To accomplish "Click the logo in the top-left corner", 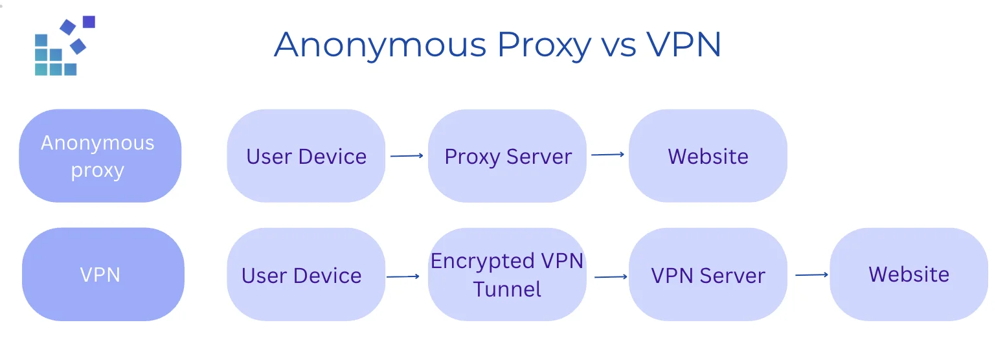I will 64,46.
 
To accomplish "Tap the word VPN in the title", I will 684,45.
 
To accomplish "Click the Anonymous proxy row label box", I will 100,156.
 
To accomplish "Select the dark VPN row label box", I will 102,275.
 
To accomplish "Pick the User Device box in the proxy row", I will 306,156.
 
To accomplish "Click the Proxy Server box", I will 507,156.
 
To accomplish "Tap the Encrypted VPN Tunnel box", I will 507,275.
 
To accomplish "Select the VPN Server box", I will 708,275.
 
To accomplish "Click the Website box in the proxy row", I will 708,156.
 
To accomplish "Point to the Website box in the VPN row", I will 909,275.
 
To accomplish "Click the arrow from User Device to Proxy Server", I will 407,155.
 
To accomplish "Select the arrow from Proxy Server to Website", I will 607,155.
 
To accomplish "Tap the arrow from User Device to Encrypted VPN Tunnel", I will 403,276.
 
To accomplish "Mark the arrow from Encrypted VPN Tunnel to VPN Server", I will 611,276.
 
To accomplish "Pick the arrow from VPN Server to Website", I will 811,275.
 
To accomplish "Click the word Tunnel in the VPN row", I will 507,289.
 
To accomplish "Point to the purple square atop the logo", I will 89,22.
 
